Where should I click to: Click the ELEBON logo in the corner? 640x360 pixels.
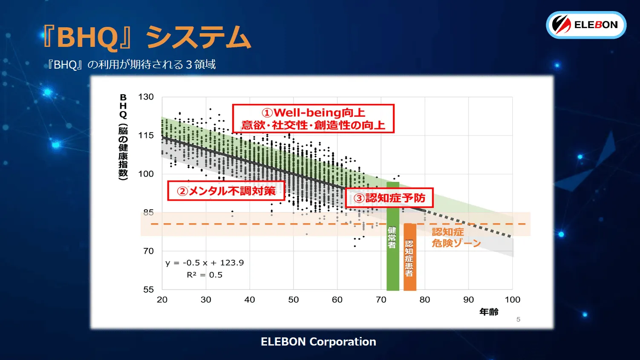point(586,25)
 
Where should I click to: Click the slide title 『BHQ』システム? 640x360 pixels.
point(147,37)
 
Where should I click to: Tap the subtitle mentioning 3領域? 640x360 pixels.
point(131,65)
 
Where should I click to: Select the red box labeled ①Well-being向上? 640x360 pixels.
point(313,119)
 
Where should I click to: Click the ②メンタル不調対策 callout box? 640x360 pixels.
point(226,191)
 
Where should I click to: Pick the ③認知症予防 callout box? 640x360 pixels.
point(389,198)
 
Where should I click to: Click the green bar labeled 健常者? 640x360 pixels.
point(392,237)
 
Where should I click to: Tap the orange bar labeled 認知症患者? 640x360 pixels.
point(409,257)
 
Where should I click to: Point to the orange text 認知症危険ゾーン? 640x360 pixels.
point(456,237)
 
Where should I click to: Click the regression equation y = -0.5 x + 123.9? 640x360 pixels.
point(205,263)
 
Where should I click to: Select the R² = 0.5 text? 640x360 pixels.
point(205,275)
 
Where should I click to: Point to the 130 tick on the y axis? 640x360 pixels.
point(146,97)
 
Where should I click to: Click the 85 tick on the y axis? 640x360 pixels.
point(148,212)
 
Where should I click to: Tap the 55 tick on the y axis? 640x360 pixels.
point(148,290)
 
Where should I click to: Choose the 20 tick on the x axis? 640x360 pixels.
point(162,300)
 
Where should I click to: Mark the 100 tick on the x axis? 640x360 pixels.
point(512,300)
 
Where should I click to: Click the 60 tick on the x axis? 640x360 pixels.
point(337,300)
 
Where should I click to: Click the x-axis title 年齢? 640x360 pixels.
point(489,312)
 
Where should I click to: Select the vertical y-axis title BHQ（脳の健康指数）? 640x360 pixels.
point(123,137)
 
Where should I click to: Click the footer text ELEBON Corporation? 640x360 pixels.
point(318,342)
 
